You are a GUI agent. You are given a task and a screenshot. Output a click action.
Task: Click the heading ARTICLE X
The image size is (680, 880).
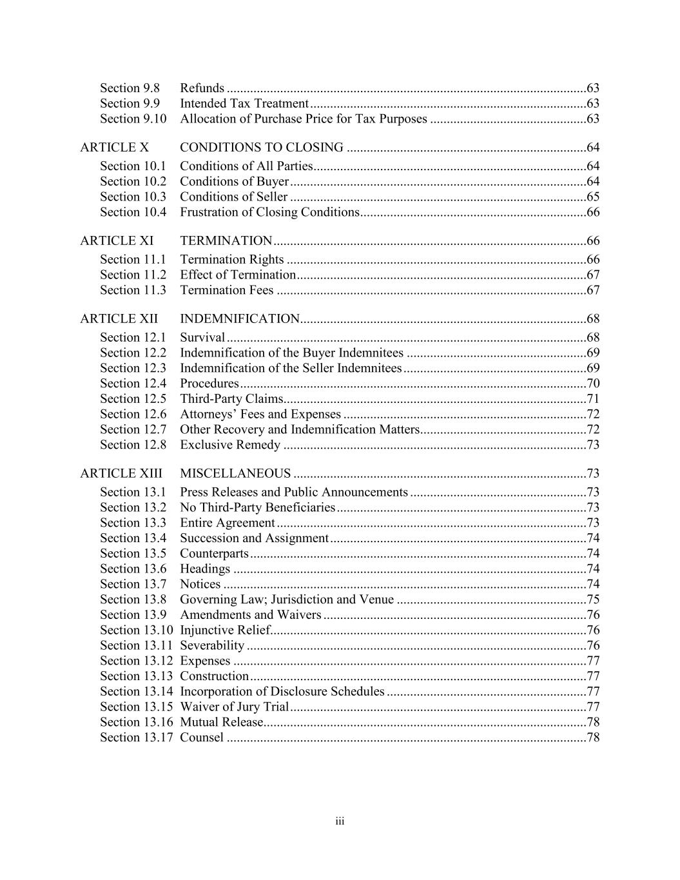pos(114,148)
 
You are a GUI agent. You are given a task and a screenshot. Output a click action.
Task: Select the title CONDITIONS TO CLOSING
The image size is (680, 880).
pos(261,148)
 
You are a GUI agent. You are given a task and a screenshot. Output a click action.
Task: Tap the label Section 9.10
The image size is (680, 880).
pos(133,119)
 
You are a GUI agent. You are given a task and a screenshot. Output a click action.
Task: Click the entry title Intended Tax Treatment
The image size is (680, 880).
pos(244,103)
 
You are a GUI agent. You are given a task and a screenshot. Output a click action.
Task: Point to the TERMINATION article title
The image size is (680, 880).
pos(226,241)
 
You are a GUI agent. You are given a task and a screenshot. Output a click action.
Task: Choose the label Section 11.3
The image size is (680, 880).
pos(133,290)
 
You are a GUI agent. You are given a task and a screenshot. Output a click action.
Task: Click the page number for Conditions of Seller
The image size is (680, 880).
pos(593,197)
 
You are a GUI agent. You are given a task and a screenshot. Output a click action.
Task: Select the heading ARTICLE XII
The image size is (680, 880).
pos(119,319)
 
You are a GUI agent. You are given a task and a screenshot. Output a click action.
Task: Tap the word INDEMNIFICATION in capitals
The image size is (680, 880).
pos(240,319)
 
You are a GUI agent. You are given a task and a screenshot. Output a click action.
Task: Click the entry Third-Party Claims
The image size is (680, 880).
pos(231,398)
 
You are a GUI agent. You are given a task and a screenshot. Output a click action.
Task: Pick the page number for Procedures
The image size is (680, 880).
pos(593,384)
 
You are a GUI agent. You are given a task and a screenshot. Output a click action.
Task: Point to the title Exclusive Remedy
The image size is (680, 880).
pos(230,445)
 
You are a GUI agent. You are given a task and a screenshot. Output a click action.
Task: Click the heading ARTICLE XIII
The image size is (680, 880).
pos(121,474)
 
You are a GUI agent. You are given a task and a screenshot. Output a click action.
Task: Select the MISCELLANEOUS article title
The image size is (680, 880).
pos(235,474)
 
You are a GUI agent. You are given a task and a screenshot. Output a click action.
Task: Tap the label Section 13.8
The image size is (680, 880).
pos(133,600)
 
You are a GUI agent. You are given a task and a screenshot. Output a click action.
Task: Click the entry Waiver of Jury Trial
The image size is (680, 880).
pos(234,707)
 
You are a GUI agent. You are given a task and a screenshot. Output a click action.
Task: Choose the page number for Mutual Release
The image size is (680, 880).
pos(593,722)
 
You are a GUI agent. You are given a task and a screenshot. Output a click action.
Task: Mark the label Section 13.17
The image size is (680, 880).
pos(136,738)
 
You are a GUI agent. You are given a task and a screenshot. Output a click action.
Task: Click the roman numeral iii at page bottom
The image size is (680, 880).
pos(340,821)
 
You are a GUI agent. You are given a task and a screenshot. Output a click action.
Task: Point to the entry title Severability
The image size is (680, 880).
pos(212,645)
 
